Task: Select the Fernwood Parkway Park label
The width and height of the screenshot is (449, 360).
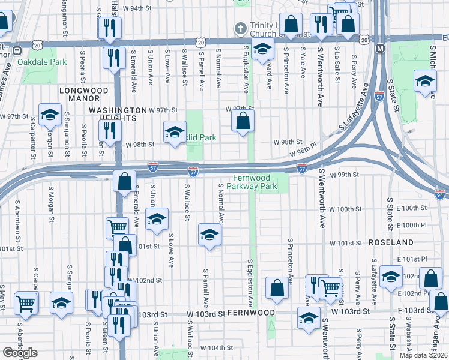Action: (260, 182)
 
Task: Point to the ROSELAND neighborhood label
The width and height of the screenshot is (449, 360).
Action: (391, 242)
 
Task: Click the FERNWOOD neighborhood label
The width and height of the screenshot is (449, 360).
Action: (251, 313)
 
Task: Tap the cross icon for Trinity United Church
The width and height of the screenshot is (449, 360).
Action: (240, 28)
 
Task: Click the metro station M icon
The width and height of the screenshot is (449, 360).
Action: (380, 48)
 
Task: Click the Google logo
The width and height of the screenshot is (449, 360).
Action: (20, 353)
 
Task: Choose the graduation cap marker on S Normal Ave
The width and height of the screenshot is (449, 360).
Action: (209, 235)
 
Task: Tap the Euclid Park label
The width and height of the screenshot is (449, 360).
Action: (202, 138)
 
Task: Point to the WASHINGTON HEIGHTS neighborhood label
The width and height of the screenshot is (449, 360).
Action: (118, 114)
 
